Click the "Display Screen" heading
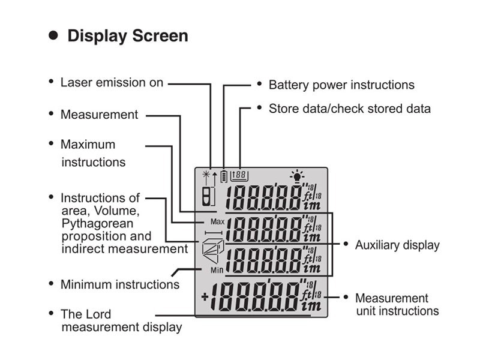point(127,36)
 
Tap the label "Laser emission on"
point(112,83)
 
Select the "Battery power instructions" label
point(341,85)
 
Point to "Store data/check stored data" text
point(349,109)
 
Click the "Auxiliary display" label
point(397,245)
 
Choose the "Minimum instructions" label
point(119,284)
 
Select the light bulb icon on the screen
point(296,176)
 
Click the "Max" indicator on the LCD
point(217,221)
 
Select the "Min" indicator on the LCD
point(217,271)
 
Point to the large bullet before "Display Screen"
point(53,36)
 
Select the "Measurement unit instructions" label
point(396,305)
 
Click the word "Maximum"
point(88,145)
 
